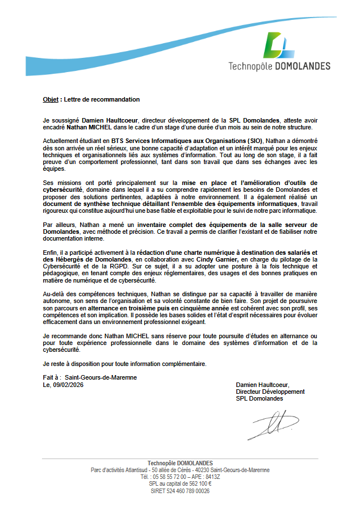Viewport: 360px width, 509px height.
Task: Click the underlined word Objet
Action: pyautogui.click(x=51, y=99)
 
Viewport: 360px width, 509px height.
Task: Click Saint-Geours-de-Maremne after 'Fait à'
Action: pyautogui.click(x=101, y=377)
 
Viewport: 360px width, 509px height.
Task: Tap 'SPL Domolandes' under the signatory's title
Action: pyautogui.click(x=259, y=398)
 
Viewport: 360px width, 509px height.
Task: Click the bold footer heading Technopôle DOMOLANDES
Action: pyautogui.click(x=180, y=463)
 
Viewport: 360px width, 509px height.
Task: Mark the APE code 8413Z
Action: pyautogui.click(x=212, y=477)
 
